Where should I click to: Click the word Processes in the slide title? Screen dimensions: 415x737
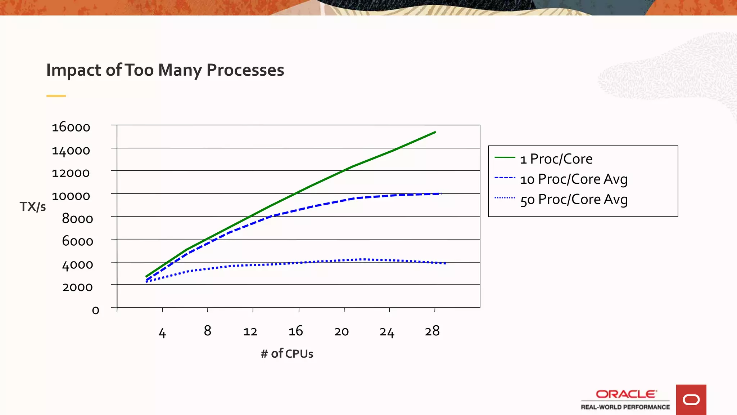tap(245, 70)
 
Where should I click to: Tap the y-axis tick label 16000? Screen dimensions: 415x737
tap(71, 128)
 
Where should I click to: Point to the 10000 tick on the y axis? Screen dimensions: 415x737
tap(71, 196)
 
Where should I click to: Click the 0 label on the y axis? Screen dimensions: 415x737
tap(95, 310)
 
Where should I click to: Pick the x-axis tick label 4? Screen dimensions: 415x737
tap(162, 333)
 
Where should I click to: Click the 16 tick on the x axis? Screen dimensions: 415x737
tap(295, 331)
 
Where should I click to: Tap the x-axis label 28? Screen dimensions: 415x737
tap(432, 331)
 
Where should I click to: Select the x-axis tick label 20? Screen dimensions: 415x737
tap(341, 331)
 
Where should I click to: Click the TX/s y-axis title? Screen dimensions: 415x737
tap(33, 207)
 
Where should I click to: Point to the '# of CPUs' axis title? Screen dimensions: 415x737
tap(287, 354)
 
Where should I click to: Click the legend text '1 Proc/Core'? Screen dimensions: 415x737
tap(556, 159)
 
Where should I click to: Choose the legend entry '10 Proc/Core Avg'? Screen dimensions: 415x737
tap(574, 179)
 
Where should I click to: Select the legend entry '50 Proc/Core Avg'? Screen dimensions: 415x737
tap(574, 199)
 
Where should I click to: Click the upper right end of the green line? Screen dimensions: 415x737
tap(435, 132)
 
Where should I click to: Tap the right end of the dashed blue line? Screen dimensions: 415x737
tap(440, 194)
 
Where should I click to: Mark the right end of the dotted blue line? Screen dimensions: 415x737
tap(447, 264)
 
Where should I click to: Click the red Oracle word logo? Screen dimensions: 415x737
tap(626, 394)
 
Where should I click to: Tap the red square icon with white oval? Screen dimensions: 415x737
tap(691, 400)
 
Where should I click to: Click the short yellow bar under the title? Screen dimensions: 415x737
tap(56, 96)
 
